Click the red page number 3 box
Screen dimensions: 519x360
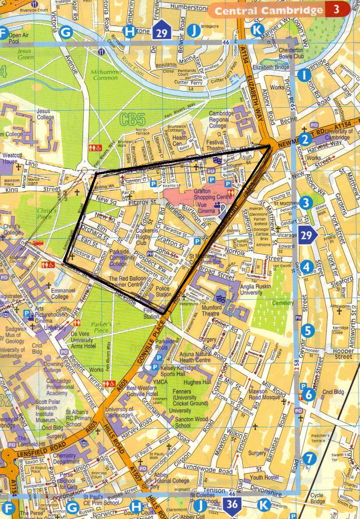[336, 10]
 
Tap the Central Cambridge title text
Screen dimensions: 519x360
[269, 11]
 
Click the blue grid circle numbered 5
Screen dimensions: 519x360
[308, 331]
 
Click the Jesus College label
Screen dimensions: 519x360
[45, 114]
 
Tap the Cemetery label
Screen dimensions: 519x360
[270, 303]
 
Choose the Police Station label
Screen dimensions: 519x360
[163, 291]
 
